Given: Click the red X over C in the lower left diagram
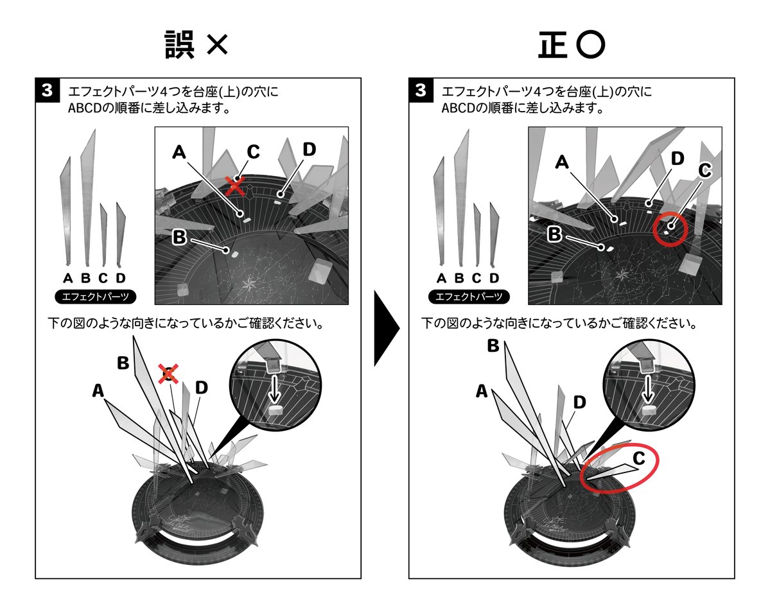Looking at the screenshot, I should pos(168,372).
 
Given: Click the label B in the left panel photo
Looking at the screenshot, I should pos(180,238).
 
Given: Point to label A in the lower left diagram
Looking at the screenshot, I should pos(98,390).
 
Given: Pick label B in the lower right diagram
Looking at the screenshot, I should pos(493,345).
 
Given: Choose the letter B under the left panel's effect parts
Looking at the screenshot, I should pos(85,278).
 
